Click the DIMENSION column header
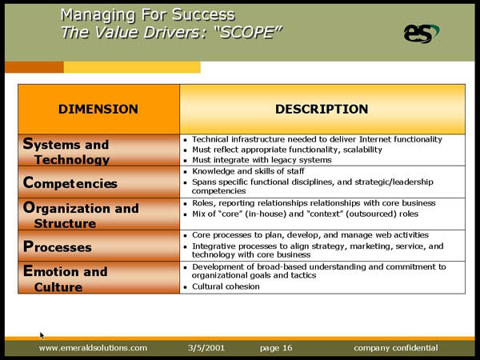(98, 110)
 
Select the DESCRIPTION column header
(322, 110)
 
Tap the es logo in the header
(422, 34)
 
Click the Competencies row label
(70, 183)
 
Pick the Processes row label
(58, 246)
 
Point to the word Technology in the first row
(72, 160)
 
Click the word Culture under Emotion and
(58, 287)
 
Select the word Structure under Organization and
(66, 223)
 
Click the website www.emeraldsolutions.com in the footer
(93, 348)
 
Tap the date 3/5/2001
(206, 348)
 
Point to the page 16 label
(276, 348)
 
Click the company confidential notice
(395, 348)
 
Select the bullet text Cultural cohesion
(226, 286)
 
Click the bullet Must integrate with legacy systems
(262, 160)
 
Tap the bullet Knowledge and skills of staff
(248, 171)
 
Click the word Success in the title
(203, 14)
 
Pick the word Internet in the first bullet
(375, 139)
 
